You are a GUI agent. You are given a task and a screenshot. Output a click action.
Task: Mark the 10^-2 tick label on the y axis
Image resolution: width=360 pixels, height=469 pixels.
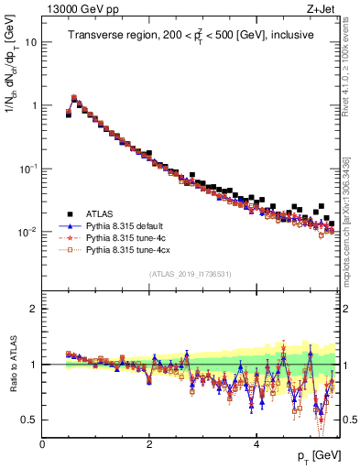click(28, 232)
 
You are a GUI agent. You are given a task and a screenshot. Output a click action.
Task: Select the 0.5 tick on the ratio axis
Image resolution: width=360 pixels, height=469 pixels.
click(30, 420)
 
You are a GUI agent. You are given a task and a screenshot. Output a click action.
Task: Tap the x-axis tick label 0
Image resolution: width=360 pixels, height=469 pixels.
click(42, 443)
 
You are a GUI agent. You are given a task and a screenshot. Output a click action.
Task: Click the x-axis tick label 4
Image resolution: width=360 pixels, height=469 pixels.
click(256, 443)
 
